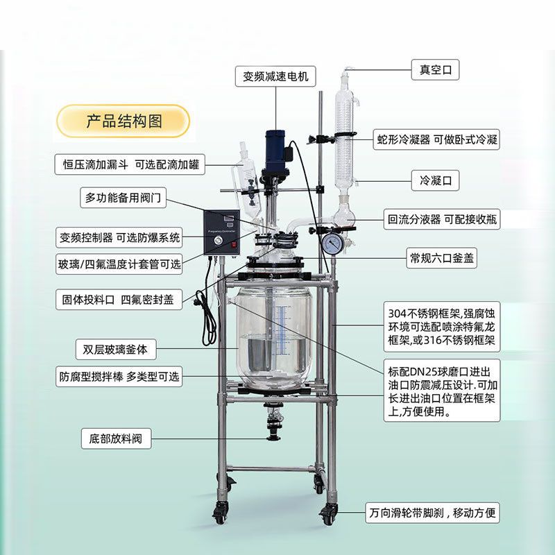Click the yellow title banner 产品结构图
(x=123, y=121)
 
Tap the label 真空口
(x=435, y=70)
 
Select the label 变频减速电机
(x=275, y=76)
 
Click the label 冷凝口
(x=435, y=180)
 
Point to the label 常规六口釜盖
(x=441, y=257)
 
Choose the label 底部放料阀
(x=116, y=438)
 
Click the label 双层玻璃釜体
(x=116, y=350)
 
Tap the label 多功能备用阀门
(x=123, y=198)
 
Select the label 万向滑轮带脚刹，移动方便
(x=432, y=513)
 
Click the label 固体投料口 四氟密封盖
(x=119, y=300)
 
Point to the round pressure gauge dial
(x=333, y=244)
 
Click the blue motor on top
(x=275, y=151)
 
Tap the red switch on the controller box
(x=234, y=244)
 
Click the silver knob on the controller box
(x=216, y=241)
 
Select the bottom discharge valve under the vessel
(x=273, y=422)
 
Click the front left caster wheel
(x=219, y=513)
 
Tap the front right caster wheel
(x=327, y=513)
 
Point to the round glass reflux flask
(x=343, y=215)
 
